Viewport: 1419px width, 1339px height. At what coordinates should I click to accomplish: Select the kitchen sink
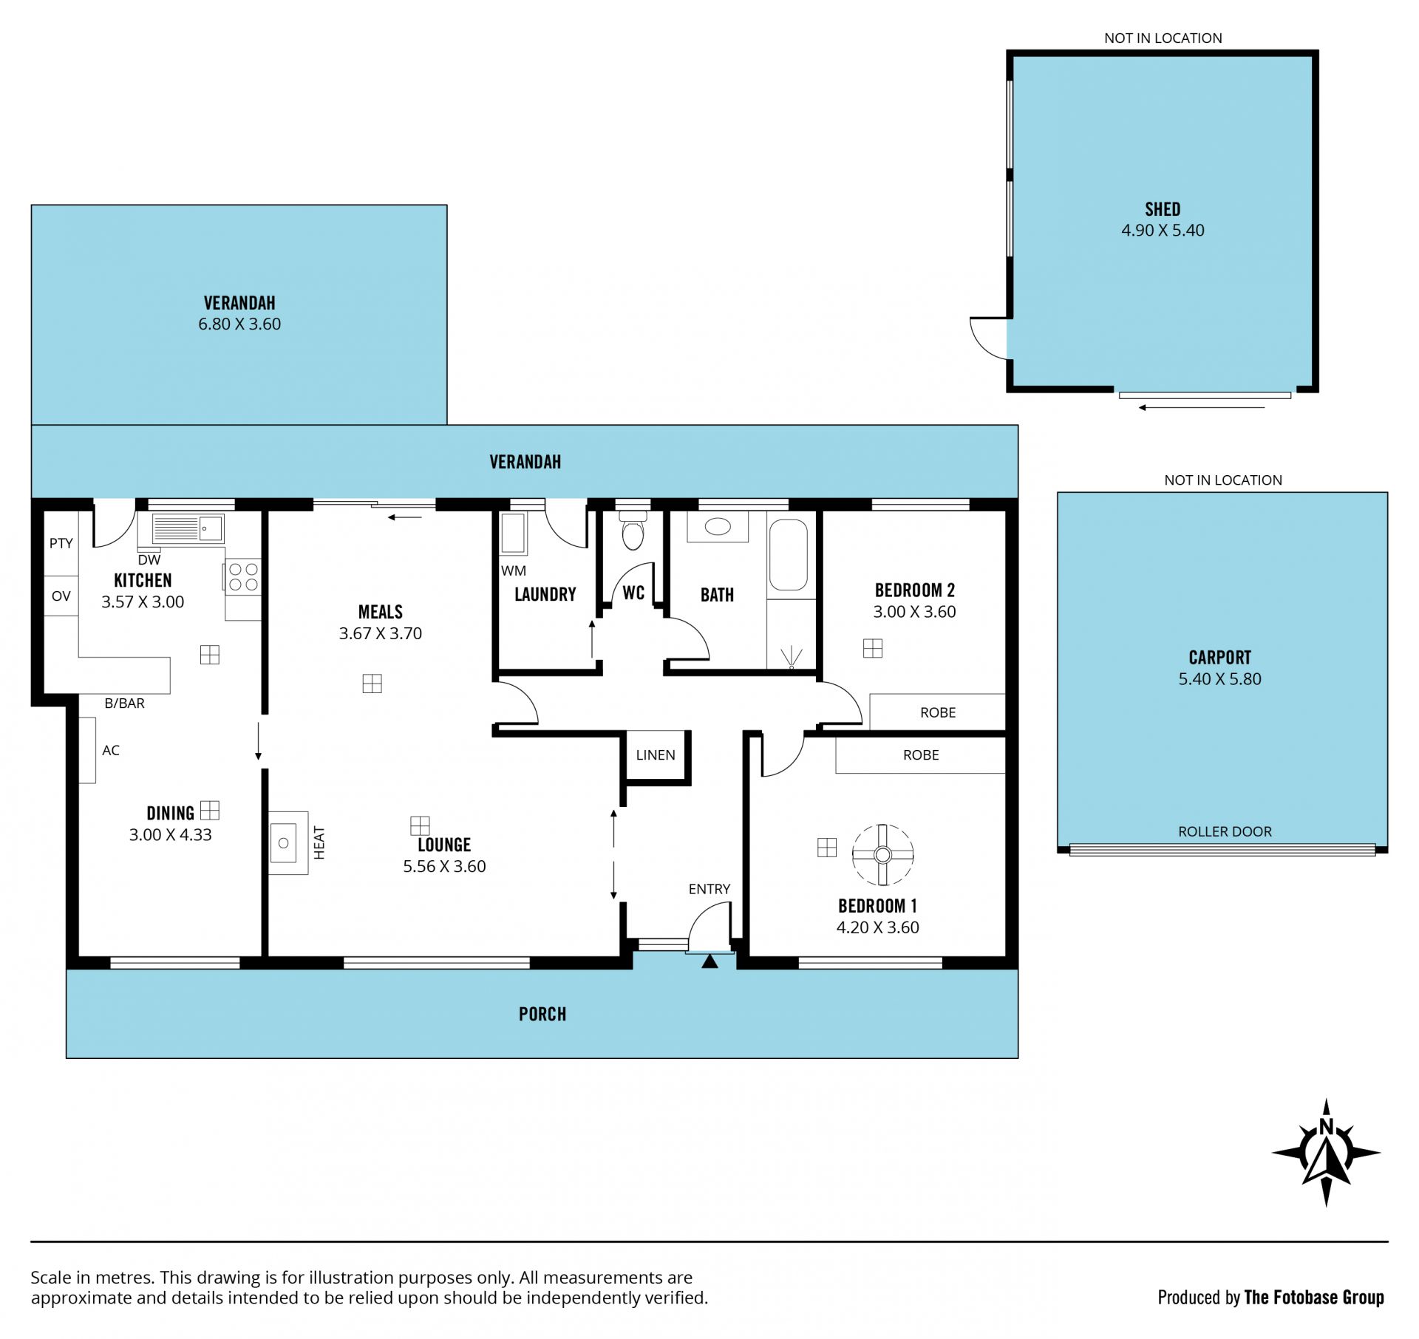(x=188, y=528)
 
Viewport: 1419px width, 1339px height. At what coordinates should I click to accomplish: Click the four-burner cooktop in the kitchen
(x=243, y=576)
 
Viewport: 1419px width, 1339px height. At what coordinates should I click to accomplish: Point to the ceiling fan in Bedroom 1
(x=882, y=855)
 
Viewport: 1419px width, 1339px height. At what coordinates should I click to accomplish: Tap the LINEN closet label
(x=656, y=754)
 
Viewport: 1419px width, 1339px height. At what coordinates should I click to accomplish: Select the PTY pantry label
(x=61, y=543)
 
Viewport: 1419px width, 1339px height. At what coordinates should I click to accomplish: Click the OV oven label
(x=61, y=596)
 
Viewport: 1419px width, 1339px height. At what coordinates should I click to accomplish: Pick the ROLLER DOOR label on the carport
(x=1225, y=831)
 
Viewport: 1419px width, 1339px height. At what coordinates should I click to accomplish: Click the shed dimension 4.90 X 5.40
(x=1163, y=230)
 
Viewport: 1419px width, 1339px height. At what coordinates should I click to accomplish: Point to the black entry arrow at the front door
(x=709, y=961)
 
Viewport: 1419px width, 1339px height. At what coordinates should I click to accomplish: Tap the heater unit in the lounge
(x=288, y=842)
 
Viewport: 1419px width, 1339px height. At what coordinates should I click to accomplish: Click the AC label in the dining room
(x=111, y=750)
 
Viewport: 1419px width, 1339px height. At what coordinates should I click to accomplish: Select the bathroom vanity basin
(x=718, y=527)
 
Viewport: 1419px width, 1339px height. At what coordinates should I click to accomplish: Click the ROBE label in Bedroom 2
(x=938, y=712)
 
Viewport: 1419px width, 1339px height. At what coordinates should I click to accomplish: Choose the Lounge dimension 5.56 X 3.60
(x=444, y=866)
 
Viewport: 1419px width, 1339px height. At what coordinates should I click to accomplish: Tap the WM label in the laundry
(x=514, y=570)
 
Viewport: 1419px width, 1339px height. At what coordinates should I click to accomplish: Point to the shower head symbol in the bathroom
(x=792, y=658)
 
